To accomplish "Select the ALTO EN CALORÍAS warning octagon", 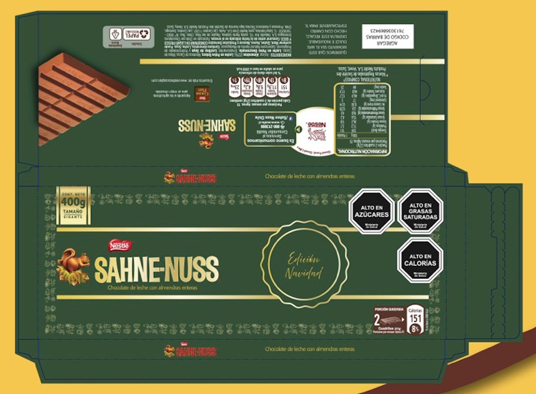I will click(x=420, y=260).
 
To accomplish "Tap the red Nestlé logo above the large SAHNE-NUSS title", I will click(x=121, y=246).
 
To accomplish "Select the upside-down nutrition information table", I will click(x=362, y=119).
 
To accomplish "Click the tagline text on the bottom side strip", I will click(x=310, y=349).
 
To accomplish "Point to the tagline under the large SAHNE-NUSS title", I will click(x=152, y=288).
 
